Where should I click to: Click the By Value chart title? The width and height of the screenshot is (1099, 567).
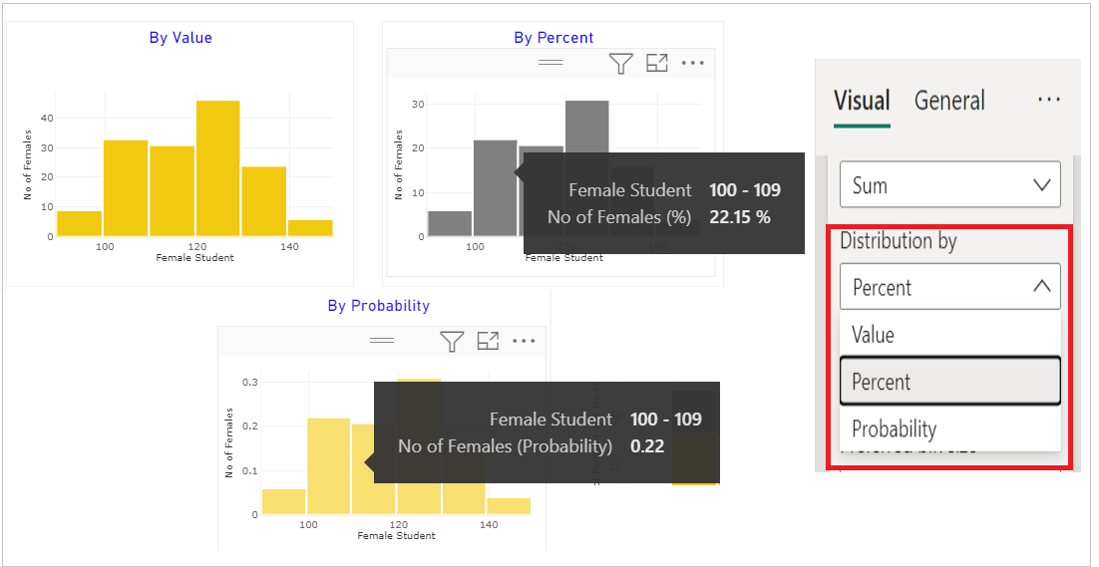(x=181, y=38)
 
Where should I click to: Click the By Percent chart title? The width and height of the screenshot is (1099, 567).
(x=553, y=38)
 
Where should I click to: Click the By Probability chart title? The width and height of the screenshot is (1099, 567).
(x=379, y=306)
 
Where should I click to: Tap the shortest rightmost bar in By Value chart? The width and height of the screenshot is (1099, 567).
(x=310, y=227)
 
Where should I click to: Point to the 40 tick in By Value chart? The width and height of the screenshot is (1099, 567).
(x=47, y=118)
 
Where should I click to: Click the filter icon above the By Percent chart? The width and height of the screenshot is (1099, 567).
(x=621, y=64)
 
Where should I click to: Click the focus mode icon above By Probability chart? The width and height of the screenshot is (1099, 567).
(x=488, y=342)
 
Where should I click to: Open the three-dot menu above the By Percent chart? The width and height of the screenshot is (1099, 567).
(x=693, y=64)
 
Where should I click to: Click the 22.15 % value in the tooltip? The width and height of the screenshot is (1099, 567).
(x=739, y=216)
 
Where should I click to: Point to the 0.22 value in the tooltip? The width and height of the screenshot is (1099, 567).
(x=647, y=446)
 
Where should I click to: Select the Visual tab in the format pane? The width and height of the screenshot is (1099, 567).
(x=862, y=101)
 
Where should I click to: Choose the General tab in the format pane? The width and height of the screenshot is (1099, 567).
(x=949, y=101)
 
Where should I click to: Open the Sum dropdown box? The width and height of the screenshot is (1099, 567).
(x=949, y=185)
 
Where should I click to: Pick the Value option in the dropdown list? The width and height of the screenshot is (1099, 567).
(x=873, y=335)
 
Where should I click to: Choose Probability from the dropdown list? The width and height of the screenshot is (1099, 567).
(x=894, y=429)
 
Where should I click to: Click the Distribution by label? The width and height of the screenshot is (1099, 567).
(x=898, y=241)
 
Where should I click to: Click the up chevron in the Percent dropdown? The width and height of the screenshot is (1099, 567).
(x=1041, y=287)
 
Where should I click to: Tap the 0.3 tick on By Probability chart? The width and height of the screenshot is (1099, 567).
(x=251, y=382)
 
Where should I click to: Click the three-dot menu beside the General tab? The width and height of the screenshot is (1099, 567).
(x=1048, y=101)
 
